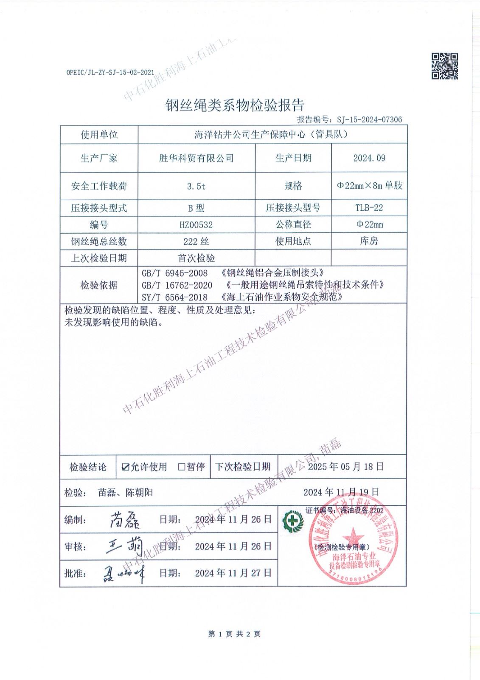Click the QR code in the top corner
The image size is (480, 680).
pyautogui.click(x=445, y=66)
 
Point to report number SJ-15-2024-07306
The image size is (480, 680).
pyautogui.click(x=369, y=120)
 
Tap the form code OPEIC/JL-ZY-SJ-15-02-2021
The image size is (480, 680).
pyautogui.click(x=110, y=73)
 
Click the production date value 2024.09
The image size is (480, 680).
pyautogui.click(x=369, y=158)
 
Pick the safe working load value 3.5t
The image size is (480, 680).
pyautogui.click(x=196, y=186)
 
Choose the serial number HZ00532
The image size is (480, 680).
pyautogui.click(x=196, y=225)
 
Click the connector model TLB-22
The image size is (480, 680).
pyautogui.click(x=369, y=208)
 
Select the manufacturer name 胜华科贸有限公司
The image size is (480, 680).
pyautogui.click(x=196, y=158)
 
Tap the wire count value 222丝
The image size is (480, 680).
pyautogui.click(x=196, y=241)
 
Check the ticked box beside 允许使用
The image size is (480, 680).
pyautogui.click(x=125, y=467)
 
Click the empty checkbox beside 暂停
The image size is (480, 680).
pyautogui.click(x=182, y=467)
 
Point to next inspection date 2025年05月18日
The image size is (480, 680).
pyautogui.click(x=345, y=467)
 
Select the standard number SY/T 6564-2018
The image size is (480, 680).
pyautogui.click(x=175, y=297)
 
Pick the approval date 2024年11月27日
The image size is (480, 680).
pyautogui.click(x=233, y=572)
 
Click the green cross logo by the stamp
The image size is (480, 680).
pyautogui.click(x=292, y=520)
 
